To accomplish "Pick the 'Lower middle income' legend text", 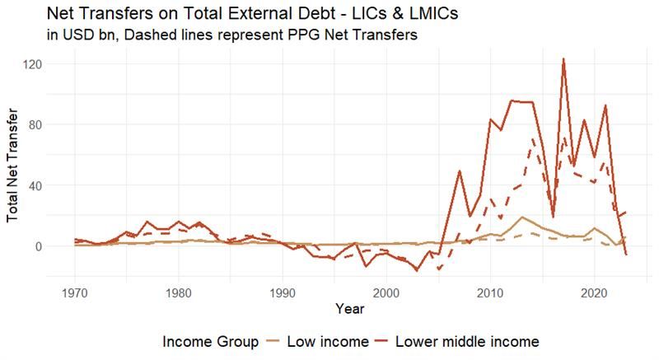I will click(468, 341).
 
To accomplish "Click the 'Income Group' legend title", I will click(210, 341).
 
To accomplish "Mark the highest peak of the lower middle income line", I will click(563, 59).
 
